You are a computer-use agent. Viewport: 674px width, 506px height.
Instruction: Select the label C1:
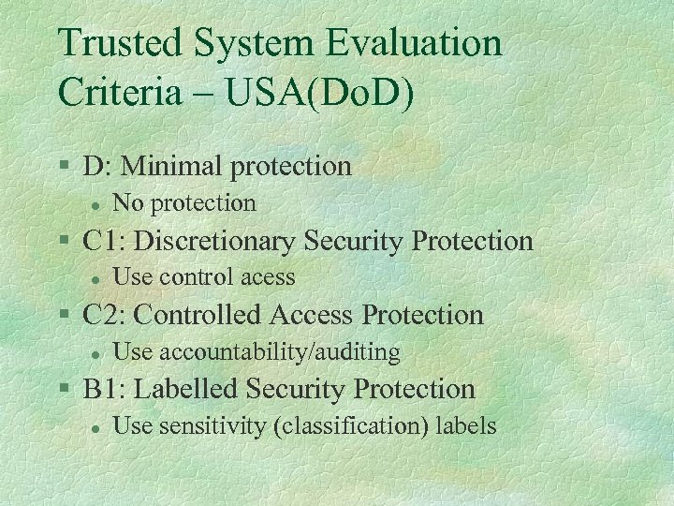click(x=104, y=241)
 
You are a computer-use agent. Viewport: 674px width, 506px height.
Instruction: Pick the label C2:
click(x=104, y=315)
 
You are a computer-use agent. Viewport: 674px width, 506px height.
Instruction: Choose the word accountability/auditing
click(x=280, y=352)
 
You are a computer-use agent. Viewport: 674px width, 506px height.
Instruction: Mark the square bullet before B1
click(x=64, y=387)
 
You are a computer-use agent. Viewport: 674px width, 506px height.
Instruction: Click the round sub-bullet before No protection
click(x=95, y=203)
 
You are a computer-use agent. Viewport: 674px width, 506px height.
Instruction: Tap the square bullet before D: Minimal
click(x=64, y=165)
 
